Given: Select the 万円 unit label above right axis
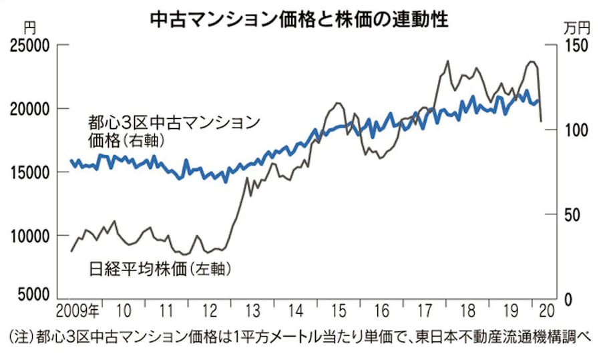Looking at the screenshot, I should (578, 28).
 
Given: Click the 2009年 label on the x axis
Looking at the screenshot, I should (77, 311).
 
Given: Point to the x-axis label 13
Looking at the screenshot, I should (252, 311).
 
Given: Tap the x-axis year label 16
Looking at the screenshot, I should (381, 311).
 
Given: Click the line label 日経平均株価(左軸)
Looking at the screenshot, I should (160, 270).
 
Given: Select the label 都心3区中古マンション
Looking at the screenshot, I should (173, 123).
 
